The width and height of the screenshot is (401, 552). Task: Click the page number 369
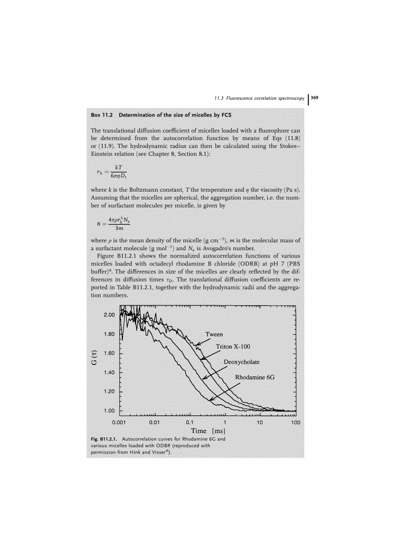[315, 98]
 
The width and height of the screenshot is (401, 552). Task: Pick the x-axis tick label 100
[295, 422]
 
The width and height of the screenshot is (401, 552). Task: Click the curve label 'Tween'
[214, 334]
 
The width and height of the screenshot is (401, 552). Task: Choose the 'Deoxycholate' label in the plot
[242, 362]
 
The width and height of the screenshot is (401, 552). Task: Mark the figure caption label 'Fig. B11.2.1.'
[105, 438]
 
